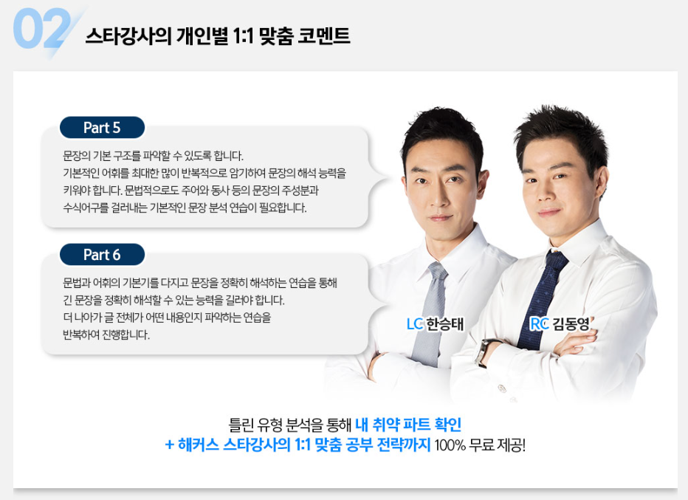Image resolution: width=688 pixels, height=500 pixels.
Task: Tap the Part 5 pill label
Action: click(x=102, y=128)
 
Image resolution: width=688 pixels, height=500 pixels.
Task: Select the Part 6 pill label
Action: click(x=102, y=255)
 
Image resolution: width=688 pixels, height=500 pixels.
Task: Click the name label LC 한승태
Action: click(x=435, y=323)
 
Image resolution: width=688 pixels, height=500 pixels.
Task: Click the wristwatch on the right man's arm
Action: click(x=484, y=352)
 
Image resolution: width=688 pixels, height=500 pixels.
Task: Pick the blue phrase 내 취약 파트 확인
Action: click(x=407, y=425)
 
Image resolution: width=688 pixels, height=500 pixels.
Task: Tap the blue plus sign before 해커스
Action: click(x=170, y=445)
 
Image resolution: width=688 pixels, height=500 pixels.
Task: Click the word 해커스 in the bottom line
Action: click(x=199, y=445)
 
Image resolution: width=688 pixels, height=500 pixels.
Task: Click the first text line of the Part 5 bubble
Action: click(x=153, y=157)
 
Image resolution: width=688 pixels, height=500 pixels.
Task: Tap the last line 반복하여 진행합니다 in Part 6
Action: click(x=106, y=335)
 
